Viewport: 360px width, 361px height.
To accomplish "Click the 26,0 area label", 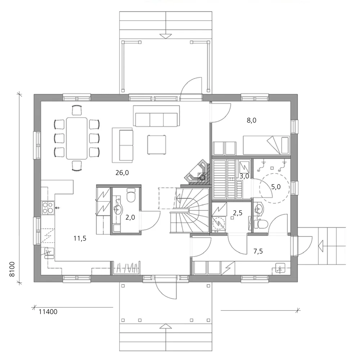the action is [122, 173].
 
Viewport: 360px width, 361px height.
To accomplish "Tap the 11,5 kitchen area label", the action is [80, 239].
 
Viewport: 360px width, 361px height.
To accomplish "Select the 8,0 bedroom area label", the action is [251, 120].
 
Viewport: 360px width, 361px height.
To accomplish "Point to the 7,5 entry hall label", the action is [258, 251].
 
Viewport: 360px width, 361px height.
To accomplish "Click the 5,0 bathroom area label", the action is [276, 187].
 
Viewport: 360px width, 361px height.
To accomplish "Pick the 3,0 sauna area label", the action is [244, 176].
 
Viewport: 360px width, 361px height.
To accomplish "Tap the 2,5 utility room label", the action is [238, 213].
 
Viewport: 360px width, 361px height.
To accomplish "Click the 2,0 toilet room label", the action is [130, 217].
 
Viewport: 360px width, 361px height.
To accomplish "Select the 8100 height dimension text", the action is [12, 269].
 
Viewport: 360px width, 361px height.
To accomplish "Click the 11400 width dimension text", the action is [48, 312].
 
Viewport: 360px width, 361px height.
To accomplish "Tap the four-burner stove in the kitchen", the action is [48, 208].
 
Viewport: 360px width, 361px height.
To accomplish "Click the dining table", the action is [77, 138].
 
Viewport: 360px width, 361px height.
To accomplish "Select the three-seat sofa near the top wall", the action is [157, 116].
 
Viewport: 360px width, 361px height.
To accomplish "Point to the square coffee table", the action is [157, 144].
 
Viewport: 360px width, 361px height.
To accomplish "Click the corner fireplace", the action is [197, 172].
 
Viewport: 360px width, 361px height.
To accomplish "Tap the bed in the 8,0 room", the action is [266, 145].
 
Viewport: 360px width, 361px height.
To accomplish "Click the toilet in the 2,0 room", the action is [131, 196].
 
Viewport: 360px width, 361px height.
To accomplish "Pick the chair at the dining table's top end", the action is [77, 110].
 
